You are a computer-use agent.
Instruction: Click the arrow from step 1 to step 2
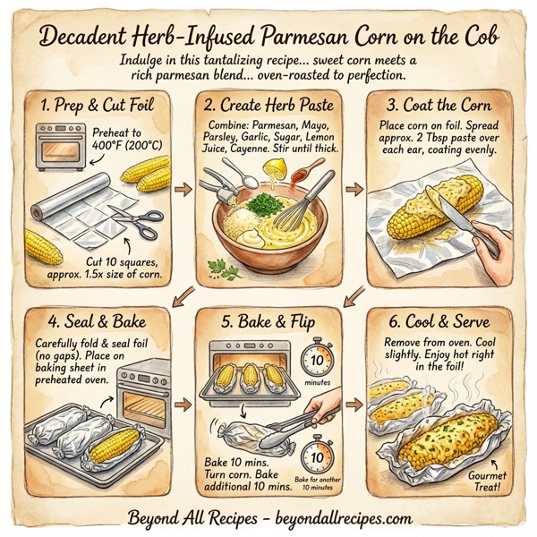183,190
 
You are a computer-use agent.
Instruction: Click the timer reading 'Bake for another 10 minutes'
316,457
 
